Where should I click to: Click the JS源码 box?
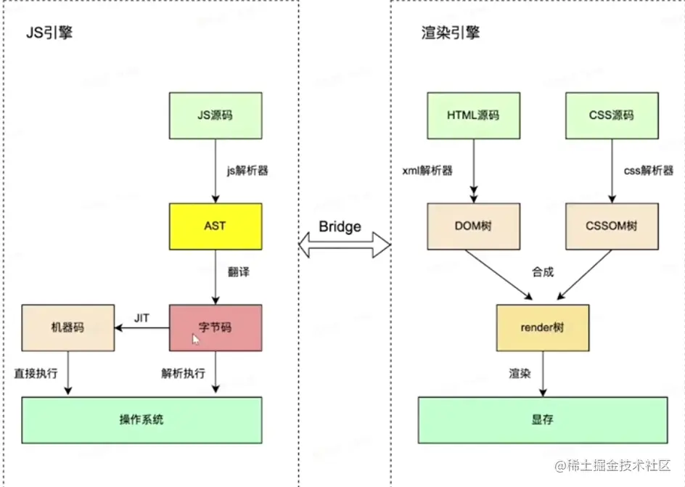coord(215,115)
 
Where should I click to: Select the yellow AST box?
coord(215,226)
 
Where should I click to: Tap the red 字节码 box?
coord(215,327)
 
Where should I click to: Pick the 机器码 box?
coord(67,327)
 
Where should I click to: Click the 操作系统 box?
coord(141,420)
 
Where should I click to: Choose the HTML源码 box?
coord(473,115)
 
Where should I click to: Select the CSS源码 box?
coord(611,115)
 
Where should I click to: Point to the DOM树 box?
coord(473,226)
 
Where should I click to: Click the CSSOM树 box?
coord(611,226)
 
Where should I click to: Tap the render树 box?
coord(542,327)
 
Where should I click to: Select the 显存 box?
coord(542,420)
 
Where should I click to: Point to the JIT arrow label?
coord(141,317)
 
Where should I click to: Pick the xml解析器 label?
coord(428,171)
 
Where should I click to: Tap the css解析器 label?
coord(648,171)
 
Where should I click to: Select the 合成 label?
coord(543,272)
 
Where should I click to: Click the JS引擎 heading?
coord(48,33)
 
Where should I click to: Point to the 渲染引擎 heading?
coord(451,33)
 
